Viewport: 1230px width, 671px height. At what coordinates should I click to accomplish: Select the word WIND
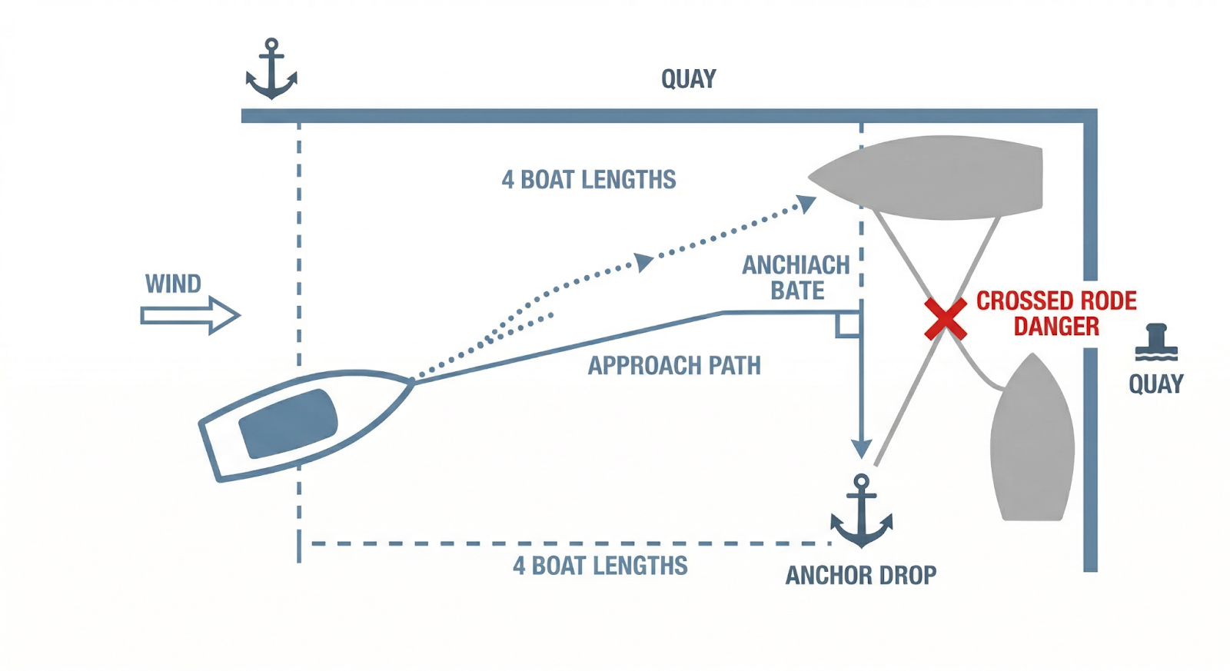[x=173, y=284]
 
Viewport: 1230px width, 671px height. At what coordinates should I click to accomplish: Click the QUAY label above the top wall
[x=688, y=78]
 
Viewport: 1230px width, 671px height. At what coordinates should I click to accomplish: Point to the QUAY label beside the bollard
[x=1155, y=384]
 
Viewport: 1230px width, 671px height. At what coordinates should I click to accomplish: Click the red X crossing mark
[x=946, y=319]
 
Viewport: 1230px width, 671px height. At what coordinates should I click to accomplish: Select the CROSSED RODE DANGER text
[x=1056, y=313]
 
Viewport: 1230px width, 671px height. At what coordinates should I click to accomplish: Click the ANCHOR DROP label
[x=861, y=575]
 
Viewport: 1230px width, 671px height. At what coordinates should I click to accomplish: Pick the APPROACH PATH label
[x=674, y=365]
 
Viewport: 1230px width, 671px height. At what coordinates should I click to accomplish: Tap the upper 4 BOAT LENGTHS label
[x=589, y=180]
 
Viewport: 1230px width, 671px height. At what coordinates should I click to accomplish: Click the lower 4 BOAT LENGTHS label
[x=600, y=566]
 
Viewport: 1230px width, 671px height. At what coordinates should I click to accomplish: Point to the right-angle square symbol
[x=848, y=324]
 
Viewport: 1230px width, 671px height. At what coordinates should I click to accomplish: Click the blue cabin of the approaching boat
[x=288, y=424]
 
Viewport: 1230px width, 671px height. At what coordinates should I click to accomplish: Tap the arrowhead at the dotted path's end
[x=806, y=204]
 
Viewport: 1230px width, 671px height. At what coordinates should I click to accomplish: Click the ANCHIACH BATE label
[x=796, y=277]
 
